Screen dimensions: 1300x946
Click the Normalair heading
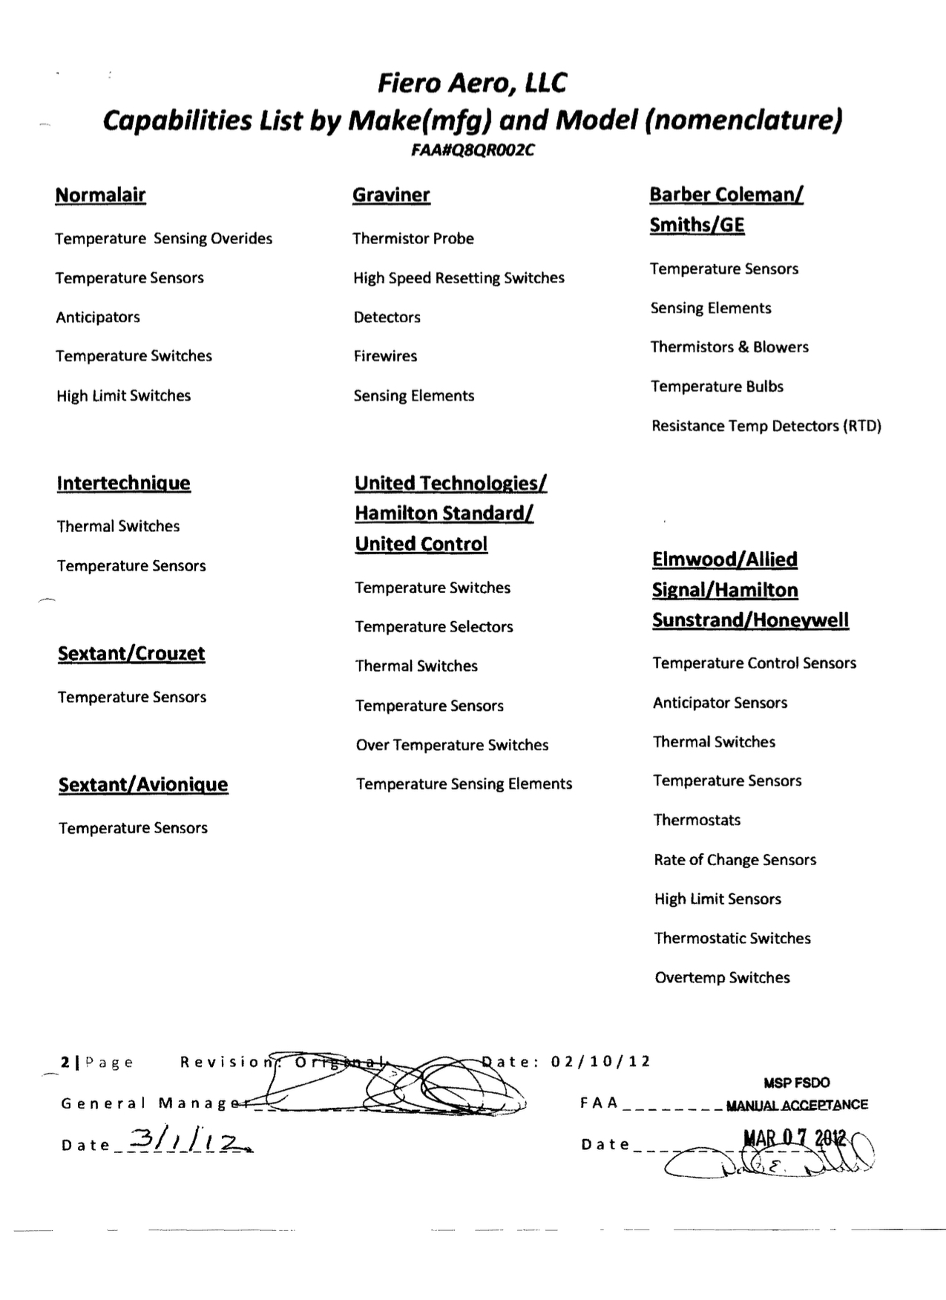pyautogui.click(x=100, y=195)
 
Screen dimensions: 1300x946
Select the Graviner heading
pyautogui.click(x=391, y=195)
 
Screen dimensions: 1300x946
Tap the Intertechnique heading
pyautogui.click(x=123, y=483)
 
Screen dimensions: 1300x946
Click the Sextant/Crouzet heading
pyautogui.click(x=131, y=654)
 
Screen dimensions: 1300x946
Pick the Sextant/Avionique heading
pyautogui.click(x=143, y=785)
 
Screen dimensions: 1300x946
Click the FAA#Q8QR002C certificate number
pyautogui.click(x=473, y=151)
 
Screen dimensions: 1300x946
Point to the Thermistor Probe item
pyautogui.click(x=413, y=239)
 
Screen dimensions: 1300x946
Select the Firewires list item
pyautogui.click(x=385, y=356)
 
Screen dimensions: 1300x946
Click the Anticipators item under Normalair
pyautogui.click(x=98, y=318)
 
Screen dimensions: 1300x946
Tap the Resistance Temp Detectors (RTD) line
pyautogui.click(x=766, y=426)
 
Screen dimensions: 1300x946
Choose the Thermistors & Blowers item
pyautogui.click(x=729, y=347)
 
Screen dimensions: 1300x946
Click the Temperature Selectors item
pyautogui.click(x=434, y=627)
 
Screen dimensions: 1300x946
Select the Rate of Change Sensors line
pyautogui.click(x=735, y=860)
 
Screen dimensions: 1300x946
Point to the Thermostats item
pyautogui.click(x=697, y=821)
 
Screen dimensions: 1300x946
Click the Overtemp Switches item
pyautogui.click(x=722, y=978)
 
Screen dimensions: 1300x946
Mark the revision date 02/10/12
pyautogui.click(x=600, y=1062)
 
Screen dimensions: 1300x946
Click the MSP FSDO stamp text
pyautogui.click(x=796, y=1083)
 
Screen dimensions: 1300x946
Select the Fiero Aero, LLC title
pyautogui.click(x=472, y=83)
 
